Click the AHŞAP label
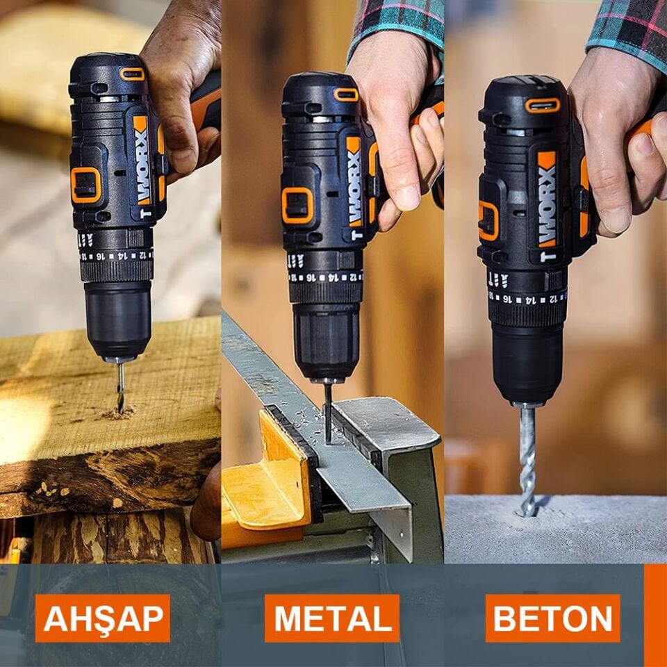tap(103, 618)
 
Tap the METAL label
tap(332, 618)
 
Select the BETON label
tap(553, 618)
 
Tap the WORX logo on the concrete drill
tap(547, 198)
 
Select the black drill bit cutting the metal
tap(327, 410)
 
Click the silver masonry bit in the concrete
tap(528, 459)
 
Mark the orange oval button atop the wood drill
tap(131, 74)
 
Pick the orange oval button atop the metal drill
tap(345, 94)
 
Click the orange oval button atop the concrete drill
tap(543, 105)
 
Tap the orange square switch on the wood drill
tap(85, 185)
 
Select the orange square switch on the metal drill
tap(297, 206)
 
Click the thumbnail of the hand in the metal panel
tap(408, 197)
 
